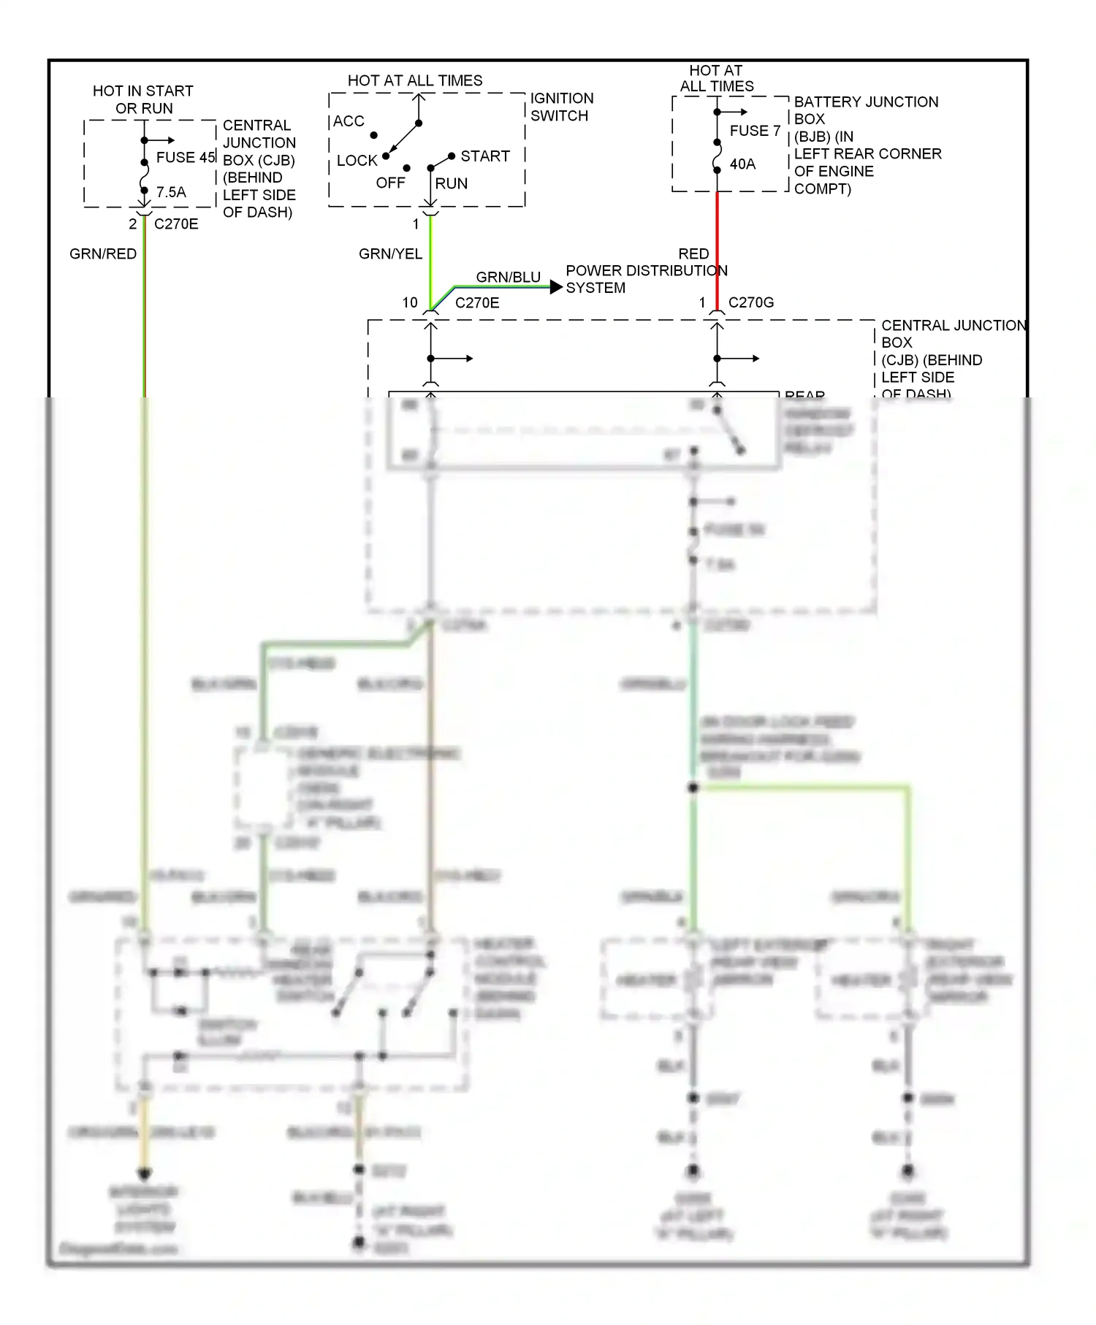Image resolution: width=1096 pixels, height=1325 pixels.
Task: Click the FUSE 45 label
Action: tap(186, 157)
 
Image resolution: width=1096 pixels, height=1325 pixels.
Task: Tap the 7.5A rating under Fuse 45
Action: tap(171, 192)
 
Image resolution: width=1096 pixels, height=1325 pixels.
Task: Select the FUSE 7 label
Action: tap(755, 131)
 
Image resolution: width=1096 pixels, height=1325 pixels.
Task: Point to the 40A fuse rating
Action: tap(742, 164)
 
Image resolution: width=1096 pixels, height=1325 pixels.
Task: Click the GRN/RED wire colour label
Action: tap(103, 253)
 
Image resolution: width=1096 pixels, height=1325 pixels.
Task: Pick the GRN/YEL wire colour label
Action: tap(390, 253)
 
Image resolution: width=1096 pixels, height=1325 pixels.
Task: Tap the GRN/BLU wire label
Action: tap(508, 277)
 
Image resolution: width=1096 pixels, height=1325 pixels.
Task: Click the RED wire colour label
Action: tap(693, 253)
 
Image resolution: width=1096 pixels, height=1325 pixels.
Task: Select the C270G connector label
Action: tap(751, 302)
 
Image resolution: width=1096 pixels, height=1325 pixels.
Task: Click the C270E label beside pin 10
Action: tap(477, 302)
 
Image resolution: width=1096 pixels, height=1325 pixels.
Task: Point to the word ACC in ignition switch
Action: tap(349, 121)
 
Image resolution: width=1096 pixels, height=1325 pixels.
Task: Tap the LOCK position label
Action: tap(357, 160)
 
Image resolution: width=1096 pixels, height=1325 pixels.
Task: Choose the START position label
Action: tap(485, 156)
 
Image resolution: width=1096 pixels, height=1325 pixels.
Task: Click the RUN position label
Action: tap(452, 183)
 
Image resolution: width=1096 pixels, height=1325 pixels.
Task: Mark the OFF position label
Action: tap(390, 183)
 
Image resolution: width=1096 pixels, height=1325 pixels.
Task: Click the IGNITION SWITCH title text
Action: tap(561, 107)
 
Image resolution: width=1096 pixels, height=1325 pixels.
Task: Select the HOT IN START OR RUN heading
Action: tap(143, 99)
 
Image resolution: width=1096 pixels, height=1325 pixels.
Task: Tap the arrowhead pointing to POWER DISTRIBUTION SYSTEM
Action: tap(556, 287)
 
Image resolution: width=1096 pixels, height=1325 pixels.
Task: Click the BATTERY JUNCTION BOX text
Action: tap(866, 110)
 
